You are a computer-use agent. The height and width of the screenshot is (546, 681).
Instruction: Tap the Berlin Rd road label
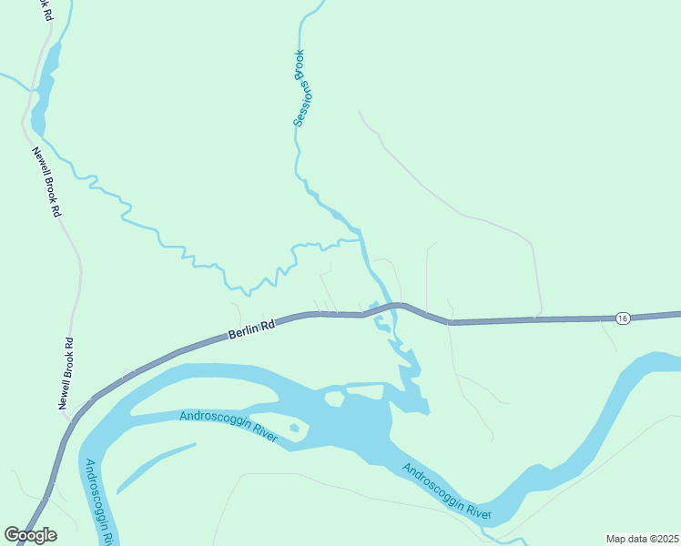[251, 330]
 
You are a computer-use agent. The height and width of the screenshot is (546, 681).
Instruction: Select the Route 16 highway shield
[622, 318]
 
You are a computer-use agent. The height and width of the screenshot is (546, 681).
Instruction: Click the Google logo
[30, 535]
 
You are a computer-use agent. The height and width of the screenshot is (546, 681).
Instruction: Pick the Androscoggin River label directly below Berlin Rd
[229, 424]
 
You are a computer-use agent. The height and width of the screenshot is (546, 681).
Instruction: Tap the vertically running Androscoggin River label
[97, 500]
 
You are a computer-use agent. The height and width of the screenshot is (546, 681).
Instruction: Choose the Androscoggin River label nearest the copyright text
[446, 491]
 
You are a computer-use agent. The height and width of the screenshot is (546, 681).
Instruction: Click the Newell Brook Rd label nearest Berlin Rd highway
[65, 373]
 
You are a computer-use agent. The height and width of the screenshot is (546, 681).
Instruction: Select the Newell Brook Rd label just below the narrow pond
[46, 182]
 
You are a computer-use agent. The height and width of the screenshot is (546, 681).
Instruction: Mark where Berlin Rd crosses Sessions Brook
[384, 308]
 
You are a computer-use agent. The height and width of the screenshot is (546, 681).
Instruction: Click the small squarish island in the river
[335, 398]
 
